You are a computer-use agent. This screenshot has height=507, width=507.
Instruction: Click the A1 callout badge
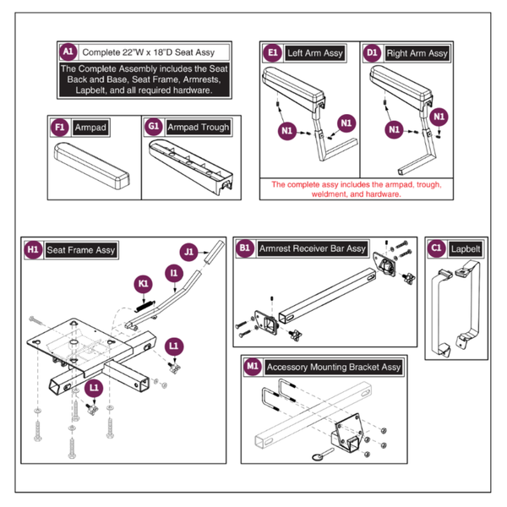coord(68,52)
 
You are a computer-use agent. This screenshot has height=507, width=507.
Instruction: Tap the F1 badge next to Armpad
coord(59,127)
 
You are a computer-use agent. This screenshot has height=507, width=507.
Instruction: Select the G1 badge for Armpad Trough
coord(154,127)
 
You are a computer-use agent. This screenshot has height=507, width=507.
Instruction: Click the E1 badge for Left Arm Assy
coord(273,53)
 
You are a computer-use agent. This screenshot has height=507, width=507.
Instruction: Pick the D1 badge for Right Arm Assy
coord(373,53)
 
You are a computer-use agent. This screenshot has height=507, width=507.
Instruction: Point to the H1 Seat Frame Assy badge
coord(33,250)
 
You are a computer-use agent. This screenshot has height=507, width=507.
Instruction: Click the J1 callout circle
coord(188,250)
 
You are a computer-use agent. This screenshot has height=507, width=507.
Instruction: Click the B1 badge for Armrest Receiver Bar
coord(246,248)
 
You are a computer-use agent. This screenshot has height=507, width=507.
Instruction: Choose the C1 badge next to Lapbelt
coord(436,248)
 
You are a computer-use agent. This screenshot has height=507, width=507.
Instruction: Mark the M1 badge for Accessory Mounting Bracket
coord(253,368)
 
